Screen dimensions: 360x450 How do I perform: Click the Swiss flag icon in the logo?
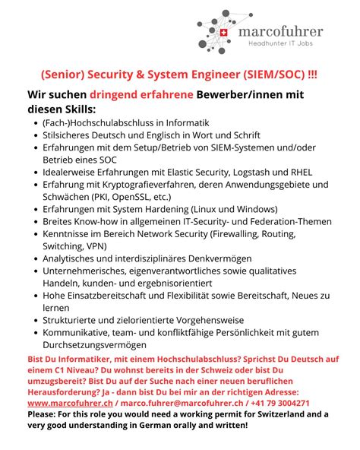coord(223,33)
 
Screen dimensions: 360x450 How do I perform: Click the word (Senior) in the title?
coord(63,75)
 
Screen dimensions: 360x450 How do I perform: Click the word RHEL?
coord(298,172)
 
